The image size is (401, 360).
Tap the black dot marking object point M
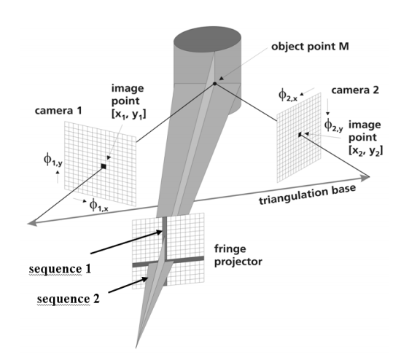click(215, 84)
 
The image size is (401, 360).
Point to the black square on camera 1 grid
click(104, 168)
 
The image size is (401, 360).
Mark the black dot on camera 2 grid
click(300, 135)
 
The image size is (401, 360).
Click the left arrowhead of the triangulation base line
click(28, 224)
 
